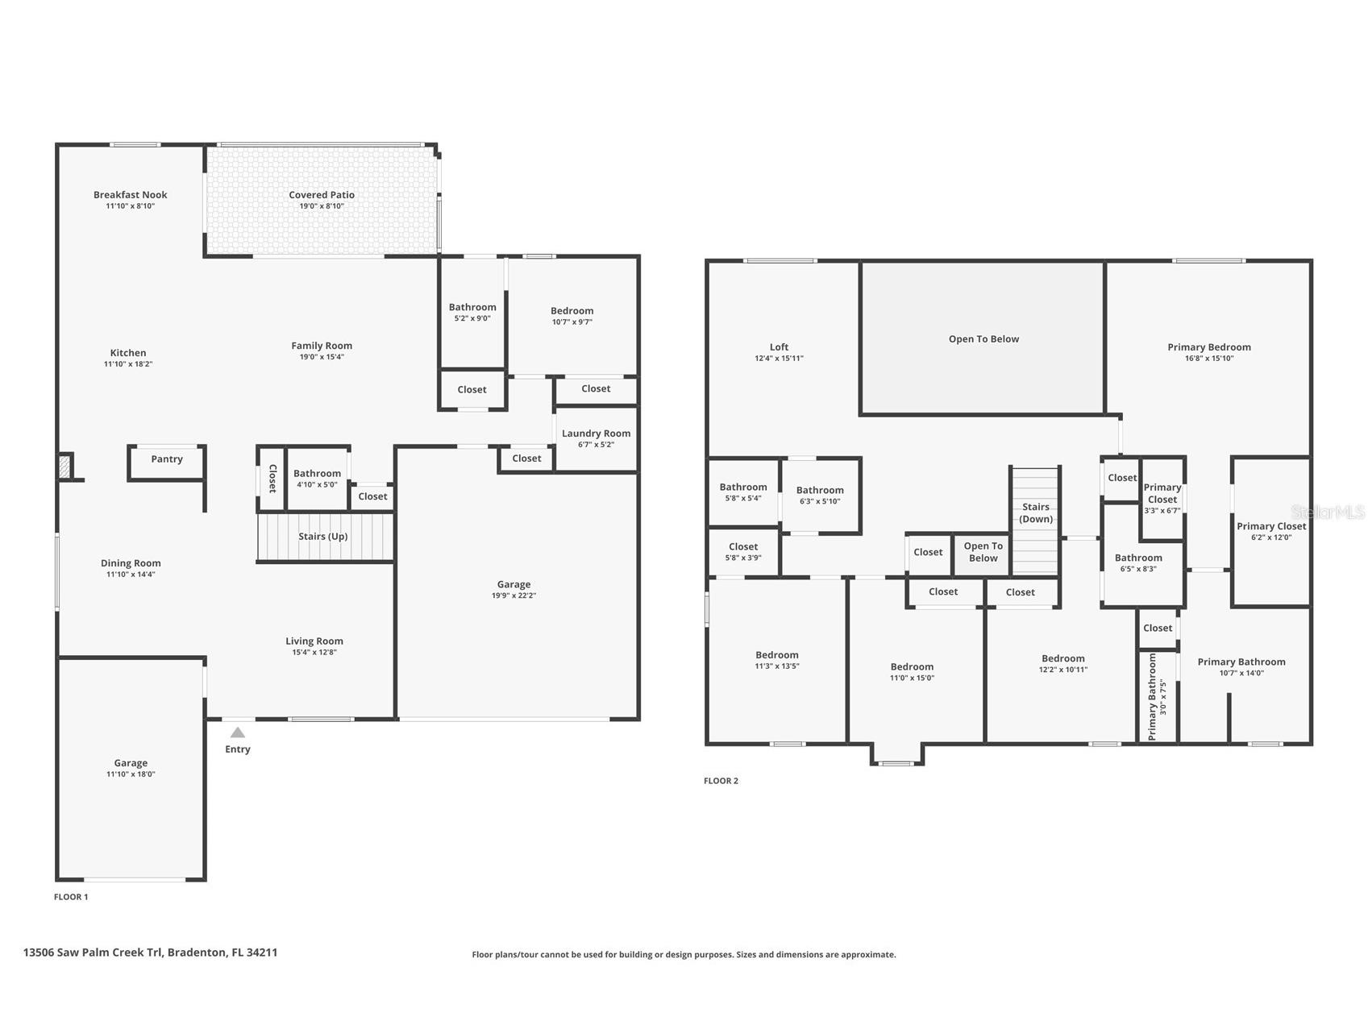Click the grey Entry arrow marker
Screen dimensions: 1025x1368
237,732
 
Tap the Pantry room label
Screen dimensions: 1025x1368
167,459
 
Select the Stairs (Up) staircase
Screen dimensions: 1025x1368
324,537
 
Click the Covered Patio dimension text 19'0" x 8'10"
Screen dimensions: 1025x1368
322,206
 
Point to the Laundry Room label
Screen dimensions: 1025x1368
596,434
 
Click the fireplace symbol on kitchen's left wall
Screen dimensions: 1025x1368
65,467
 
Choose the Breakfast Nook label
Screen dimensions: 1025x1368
130,195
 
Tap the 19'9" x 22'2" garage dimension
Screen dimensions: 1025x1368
514,596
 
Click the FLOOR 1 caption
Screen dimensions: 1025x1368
71,897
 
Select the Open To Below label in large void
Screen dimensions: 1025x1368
983,339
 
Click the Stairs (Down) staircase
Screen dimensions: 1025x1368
1035,520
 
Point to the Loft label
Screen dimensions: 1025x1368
779,347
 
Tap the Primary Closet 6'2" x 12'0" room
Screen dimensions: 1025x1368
1270,532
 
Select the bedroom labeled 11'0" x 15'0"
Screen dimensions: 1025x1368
912,671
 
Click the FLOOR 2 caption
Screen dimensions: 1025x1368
721,781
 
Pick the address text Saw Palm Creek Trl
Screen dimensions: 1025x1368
110,952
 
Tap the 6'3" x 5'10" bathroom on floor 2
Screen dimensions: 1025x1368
820,495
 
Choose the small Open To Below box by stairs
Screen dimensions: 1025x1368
983,553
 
